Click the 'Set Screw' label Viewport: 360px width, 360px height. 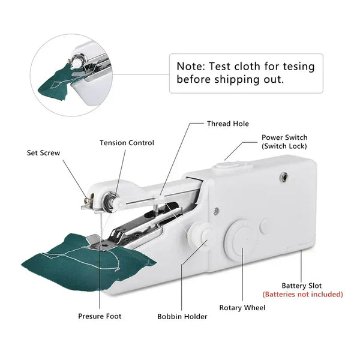(x=44, y=152)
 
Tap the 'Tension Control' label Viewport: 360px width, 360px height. (x=127, y=143)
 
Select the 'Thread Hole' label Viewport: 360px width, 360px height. (x=227, y=124)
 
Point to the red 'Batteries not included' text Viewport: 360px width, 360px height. (x=302, y=295)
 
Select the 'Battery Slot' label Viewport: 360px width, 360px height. (x=302, y=286)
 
